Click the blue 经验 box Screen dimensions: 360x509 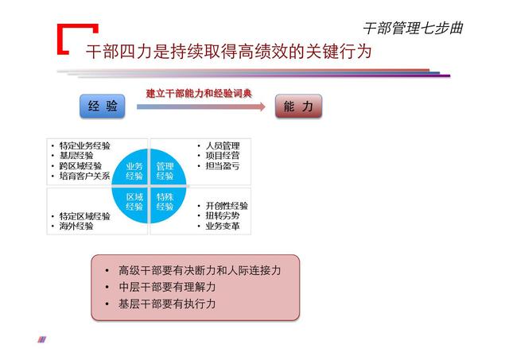pyautogui.click(x=103, y=106)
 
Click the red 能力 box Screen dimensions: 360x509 pyautogui.click(x=299, y=106)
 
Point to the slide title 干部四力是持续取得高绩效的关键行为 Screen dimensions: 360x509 pyautogui.click(x=228, y=52)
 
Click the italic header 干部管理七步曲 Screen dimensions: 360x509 pyautogui.click(x=412, y=28)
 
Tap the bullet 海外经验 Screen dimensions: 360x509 pyautogui.click(x=76, y=226)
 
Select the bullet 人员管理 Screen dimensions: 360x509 pyautogui.click(x=222, y=146)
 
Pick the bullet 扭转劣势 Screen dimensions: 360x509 pyautogui.click(x=222, y=215)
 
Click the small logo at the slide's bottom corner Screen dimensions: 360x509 pyautogui.click(x=42, y=339)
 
